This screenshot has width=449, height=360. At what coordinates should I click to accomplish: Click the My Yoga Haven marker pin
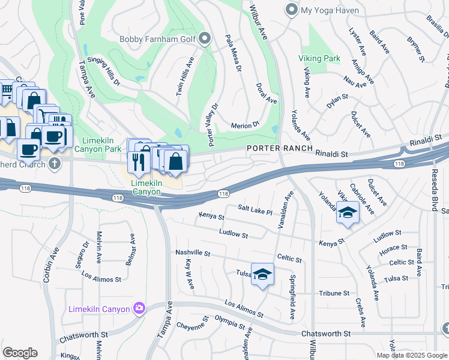click(292, 10)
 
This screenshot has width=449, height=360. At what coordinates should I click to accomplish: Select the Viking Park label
click(319, 59)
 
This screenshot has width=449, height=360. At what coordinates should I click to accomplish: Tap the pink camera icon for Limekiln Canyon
click(140, 308)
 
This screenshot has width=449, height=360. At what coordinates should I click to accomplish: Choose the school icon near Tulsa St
click(262, 274)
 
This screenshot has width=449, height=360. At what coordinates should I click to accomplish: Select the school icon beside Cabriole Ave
click(348, 213)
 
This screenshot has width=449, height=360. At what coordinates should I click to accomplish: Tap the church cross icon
click(55, 163)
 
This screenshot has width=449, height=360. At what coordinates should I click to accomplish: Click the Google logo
click(20, 353)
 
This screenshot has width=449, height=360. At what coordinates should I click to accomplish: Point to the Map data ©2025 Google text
click(412, 355)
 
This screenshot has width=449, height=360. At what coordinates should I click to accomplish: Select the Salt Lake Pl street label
click(255, 210)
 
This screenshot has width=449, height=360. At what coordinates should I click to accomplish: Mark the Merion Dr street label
click(245, 125)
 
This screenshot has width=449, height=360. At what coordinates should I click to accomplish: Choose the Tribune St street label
click(334, 293)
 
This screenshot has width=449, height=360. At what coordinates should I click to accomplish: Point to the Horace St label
click(393, 247)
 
